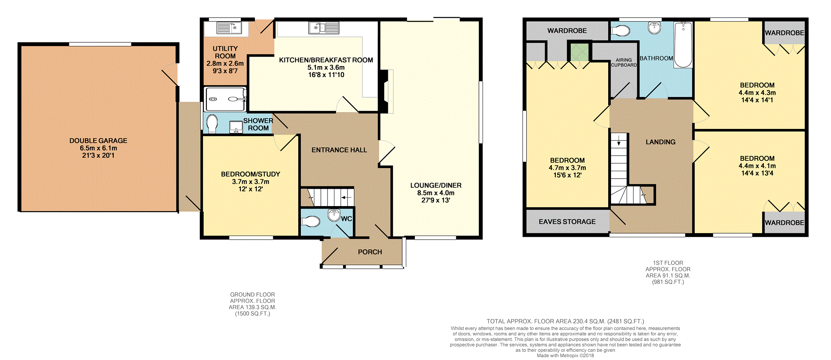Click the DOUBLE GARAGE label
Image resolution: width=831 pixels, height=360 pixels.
point(98,141)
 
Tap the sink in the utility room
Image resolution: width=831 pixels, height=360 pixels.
point(229,28)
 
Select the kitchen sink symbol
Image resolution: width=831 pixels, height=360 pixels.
point(324,28)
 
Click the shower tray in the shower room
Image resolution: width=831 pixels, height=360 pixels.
point(225,99)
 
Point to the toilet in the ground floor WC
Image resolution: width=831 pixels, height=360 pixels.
point(310,222)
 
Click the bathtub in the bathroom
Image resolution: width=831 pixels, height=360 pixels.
point(683,45)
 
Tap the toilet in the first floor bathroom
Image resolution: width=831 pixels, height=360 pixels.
point(621,31)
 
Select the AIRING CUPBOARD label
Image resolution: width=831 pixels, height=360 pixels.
point(624,62)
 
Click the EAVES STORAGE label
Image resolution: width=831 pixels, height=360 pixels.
point(567,222)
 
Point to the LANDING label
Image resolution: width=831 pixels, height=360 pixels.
point(660,142)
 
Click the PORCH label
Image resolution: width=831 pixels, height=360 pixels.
point(370,252)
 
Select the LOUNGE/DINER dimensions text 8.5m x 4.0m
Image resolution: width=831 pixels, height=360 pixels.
point(435,193)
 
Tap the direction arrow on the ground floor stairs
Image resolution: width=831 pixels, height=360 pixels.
point(347,198)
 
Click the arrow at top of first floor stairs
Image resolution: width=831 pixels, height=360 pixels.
point(619,142)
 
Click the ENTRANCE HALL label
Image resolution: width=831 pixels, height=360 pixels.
point(339,150)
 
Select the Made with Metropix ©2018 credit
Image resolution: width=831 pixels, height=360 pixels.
point(565,355)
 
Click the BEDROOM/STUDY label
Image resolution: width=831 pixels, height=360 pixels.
point(250,174)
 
